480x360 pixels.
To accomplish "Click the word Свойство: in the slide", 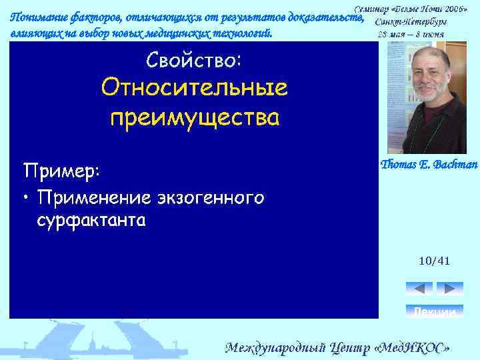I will [193, 61].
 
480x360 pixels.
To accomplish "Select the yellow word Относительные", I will [193, 89].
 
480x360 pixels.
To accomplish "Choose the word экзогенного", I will [211, 198].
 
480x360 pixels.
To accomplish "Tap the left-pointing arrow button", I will [419, 289].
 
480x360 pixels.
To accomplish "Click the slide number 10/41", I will [434, 261].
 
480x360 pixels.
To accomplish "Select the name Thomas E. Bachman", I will [429, 165].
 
